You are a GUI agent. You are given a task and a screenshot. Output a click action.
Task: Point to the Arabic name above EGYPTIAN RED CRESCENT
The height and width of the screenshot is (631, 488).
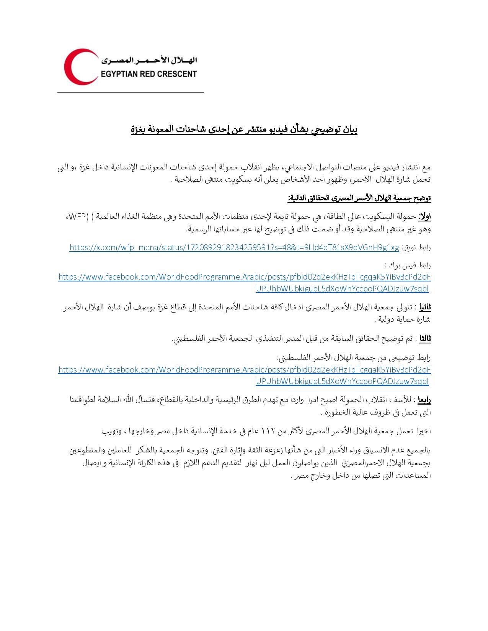[x=149, y=60]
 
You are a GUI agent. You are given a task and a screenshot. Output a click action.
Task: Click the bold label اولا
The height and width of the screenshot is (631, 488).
[x=424, y=216]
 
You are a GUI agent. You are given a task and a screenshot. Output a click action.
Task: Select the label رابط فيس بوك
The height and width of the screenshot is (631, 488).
[x=408, y=265]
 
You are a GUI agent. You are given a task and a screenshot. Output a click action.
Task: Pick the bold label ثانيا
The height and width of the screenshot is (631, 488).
[x=425, y=307]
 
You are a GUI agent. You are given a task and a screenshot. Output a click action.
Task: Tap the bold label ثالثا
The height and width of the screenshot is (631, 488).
[x=425, y=338]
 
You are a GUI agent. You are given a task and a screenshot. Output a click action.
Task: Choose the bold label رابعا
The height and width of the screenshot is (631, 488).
[x=424, y=400]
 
